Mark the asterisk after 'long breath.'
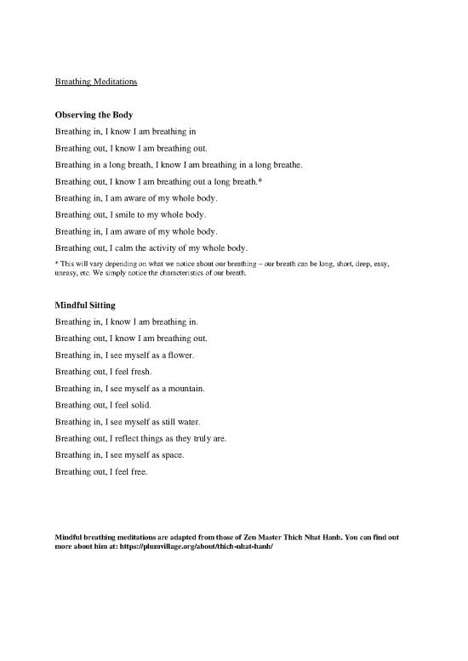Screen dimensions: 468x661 click(259, 180)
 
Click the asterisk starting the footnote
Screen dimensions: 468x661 click(56, 265)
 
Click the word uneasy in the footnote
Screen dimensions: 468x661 click(67, 274)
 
